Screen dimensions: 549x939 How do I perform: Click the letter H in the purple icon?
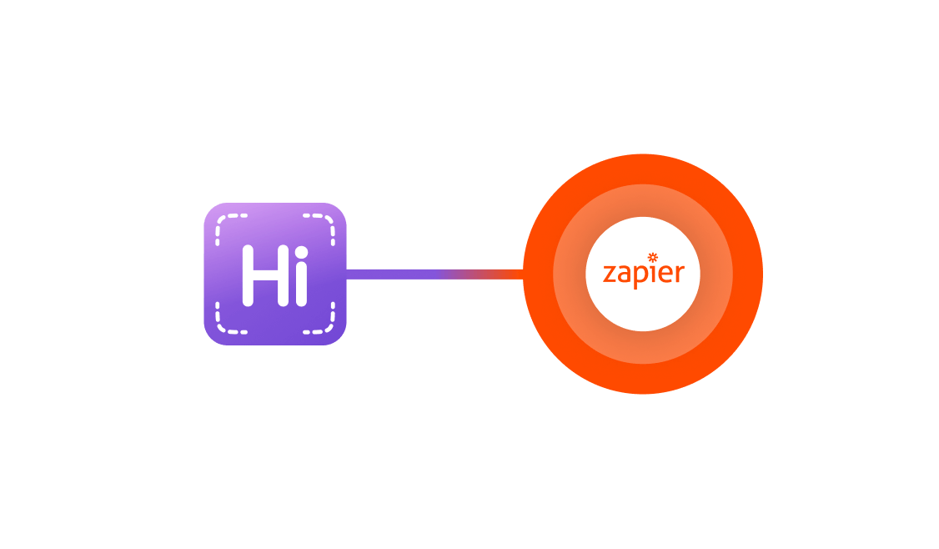coord(260,274)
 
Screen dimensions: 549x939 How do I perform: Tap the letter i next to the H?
coord(301,282)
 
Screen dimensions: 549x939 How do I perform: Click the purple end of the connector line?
coord(384,274)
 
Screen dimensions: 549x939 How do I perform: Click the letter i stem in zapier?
coord(653,274)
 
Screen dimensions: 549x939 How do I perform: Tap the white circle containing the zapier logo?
coord(643,309)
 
